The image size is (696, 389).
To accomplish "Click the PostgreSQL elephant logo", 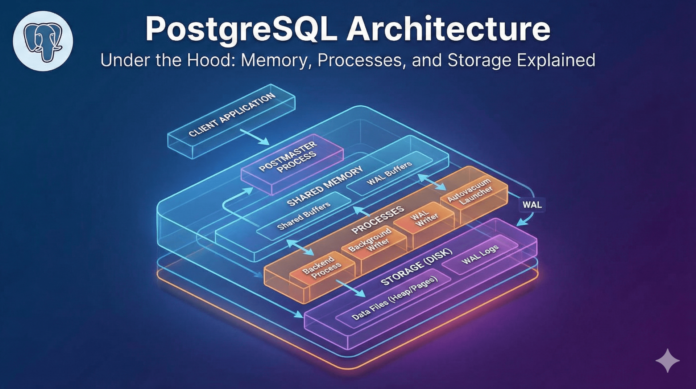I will (43, 41).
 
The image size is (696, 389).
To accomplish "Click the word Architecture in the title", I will (448, 29).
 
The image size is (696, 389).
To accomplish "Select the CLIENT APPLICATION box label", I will (232, 115).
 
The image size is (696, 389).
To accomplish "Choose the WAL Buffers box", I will (390, 173).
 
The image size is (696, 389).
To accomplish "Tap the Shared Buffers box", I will (304, 216).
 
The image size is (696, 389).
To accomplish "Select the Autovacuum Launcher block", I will (470, 192).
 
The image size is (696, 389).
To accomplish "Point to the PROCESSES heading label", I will (378, 220).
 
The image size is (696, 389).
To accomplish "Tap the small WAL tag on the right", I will (532, 205).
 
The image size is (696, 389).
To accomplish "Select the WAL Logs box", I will (480, 254).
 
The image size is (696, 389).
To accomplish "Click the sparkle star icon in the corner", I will (667, 360).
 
